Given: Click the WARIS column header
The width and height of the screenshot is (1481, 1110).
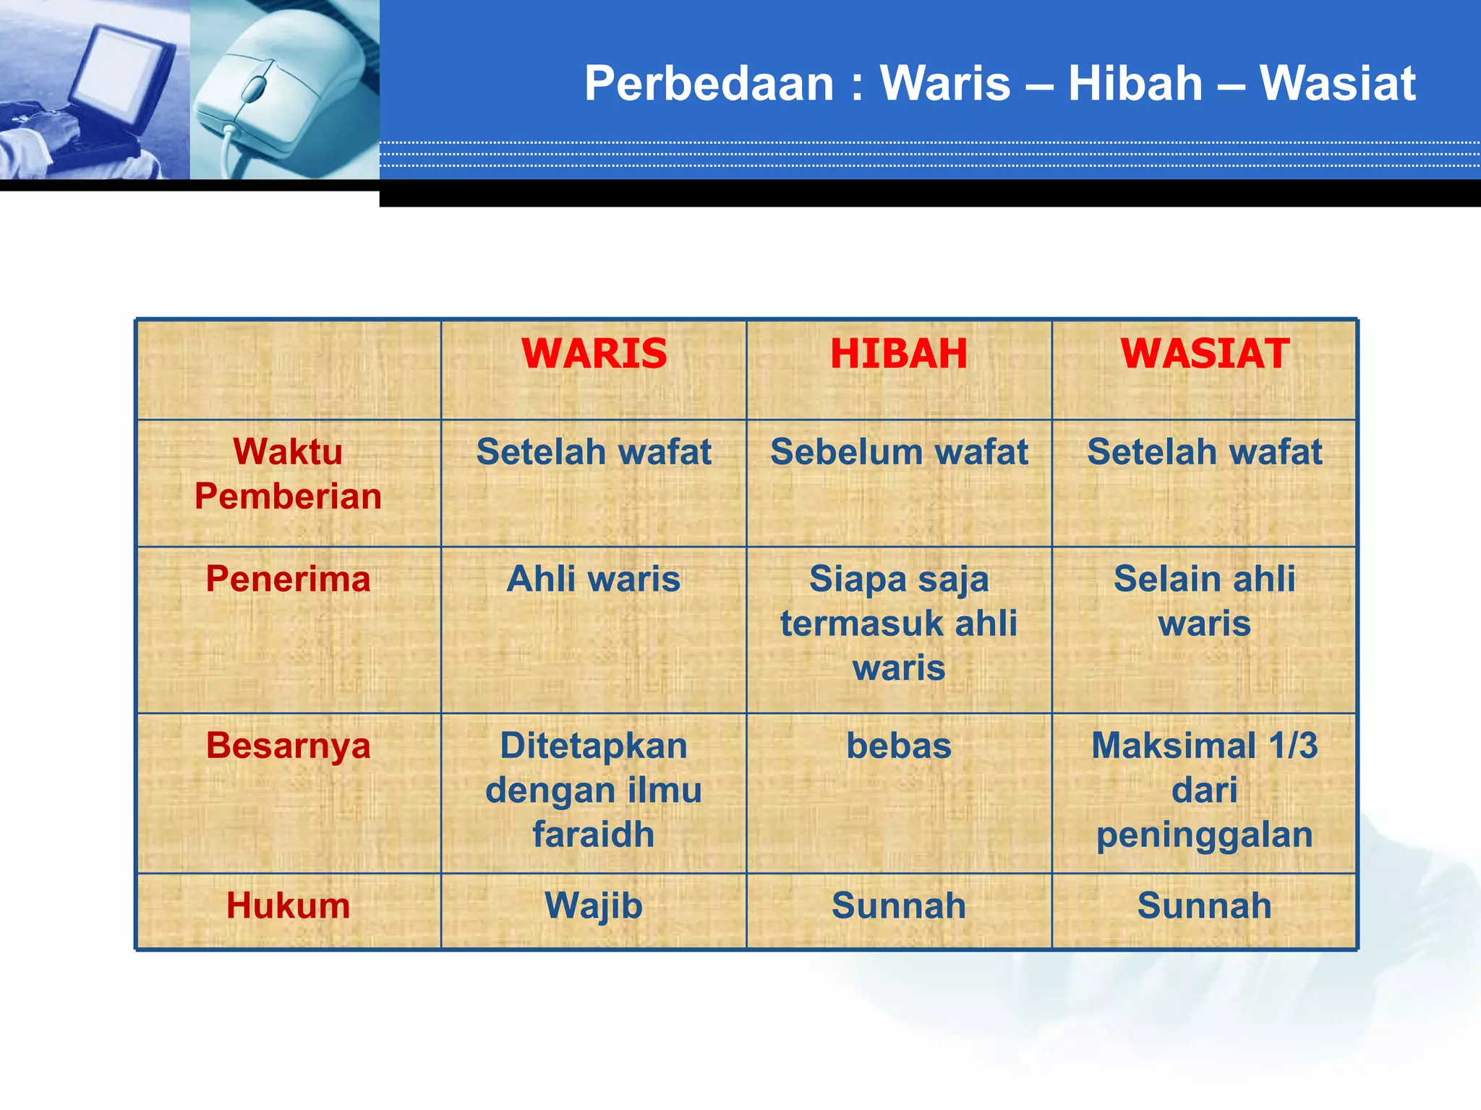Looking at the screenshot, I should tap(594, 354).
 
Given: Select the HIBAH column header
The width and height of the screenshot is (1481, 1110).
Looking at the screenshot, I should tap(899, 354).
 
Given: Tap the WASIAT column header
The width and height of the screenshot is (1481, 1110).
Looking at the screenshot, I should tap(1204, 354).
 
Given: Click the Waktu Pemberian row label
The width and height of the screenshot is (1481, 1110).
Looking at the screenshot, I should tap(288, 474).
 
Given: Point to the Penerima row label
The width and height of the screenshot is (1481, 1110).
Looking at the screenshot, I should tap(288, 579).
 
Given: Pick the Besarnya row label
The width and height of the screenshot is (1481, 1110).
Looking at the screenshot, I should tap(288, 745).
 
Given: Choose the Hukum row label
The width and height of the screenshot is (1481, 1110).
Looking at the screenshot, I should tap(288, 905).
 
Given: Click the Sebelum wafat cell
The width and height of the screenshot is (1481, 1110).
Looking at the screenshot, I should tap(899, 452).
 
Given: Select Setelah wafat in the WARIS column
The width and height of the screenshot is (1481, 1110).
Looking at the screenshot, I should tap(594, 452).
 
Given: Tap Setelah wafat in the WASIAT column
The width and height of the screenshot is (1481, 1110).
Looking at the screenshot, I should tap(1204, 452).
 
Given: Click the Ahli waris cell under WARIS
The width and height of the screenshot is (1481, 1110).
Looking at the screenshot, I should tap(594, 579).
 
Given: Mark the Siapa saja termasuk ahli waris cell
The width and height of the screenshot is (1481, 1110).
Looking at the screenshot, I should tap(899, 623).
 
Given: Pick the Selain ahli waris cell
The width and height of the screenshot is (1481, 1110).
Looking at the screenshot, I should tap(1204, 601).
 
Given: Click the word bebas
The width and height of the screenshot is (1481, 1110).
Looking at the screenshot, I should tap(899, 746).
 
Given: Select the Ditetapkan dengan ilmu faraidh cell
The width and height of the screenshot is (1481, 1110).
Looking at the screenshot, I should tap(594, 790).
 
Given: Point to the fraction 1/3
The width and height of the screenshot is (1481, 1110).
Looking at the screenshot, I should tap(1294, 745).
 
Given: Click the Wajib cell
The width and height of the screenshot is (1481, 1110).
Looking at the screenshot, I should tap(594, 906).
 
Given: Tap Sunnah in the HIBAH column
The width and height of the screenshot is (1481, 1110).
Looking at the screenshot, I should tap(899, 905).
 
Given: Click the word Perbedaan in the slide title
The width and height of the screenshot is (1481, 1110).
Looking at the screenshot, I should tap(709, 84).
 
